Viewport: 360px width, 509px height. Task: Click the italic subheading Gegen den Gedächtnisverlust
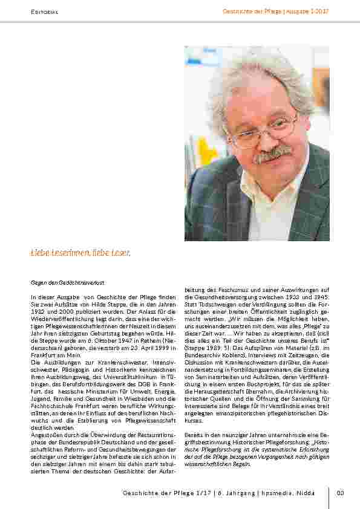click(x=67, y=282)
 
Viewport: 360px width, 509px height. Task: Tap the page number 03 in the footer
click(x=340, y=493)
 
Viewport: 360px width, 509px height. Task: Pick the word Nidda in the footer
click(x=306, y=493)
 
